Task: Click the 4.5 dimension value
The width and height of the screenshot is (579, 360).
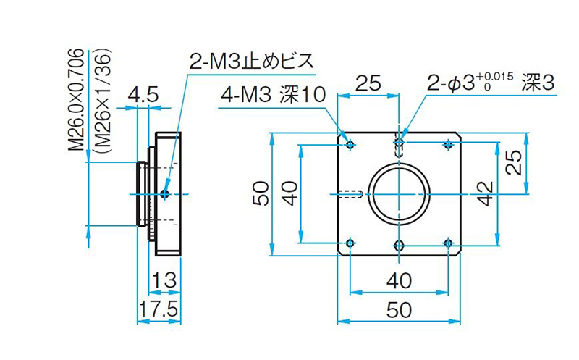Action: pos(143,95)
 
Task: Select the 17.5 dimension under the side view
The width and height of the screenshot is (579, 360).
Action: pos(159,309)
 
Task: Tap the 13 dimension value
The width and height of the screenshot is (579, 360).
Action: pos(164,280)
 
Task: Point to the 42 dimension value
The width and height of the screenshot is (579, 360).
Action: pos(487,193)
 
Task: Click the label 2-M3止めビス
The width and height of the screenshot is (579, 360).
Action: pos(251,61)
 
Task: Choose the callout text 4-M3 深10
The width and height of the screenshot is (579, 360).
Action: pos(274,95)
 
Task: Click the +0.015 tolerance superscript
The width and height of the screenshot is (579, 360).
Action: pos(495,77)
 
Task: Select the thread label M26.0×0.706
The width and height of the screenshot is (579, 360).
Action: pos(77,100)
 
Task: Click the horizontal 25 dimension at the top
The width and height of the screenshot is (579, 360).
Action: pos(368,83)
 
